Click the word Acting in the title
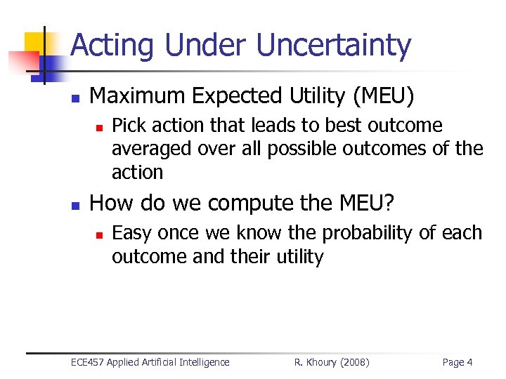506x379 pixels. click(113, 46)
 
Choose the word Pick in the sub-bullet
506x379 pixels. click(127, 126)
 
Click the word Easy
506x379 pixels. click(130, 233)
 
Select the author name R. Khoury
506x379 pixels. click(317, 362)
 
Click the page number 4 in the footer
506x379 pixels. click(469, 362)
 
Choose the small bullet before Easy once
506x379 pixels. click(100, 234)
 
